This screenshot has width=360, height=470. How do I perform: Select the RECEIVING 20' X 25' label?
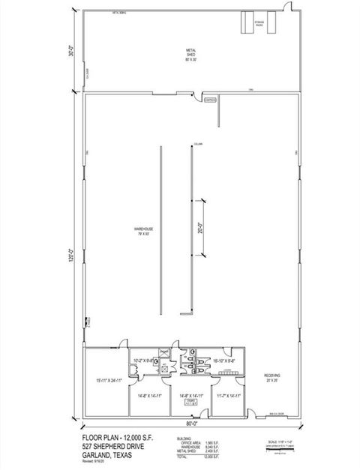271,378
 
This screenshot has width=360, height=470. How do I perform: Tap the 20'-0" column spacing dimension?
200,228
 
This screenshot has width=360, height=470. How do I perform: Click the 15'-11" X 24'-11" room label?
104,380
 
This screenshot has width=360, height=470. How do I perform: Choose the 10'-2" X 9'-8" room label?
143,361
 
